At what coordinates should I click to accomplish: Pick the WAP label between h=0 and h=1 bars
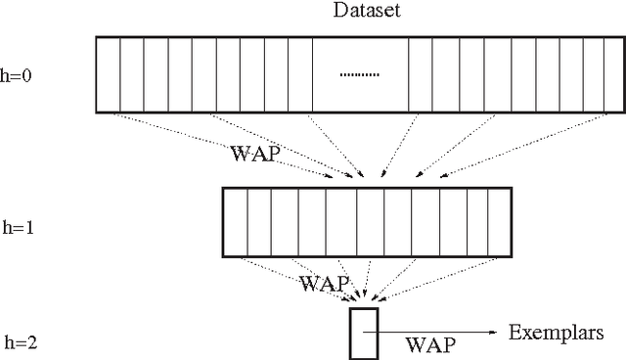[x=256, y=154]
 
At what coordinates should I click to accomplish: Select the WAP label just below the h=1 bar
[x=324, y=284]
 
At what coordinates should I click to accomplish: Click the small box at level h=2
[x=362, y=334]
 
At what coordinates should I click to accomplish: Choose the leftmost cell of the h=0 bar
[x=108, y=74]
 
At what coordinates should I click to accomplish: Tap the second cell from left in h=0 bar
[x=132, y=74]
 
